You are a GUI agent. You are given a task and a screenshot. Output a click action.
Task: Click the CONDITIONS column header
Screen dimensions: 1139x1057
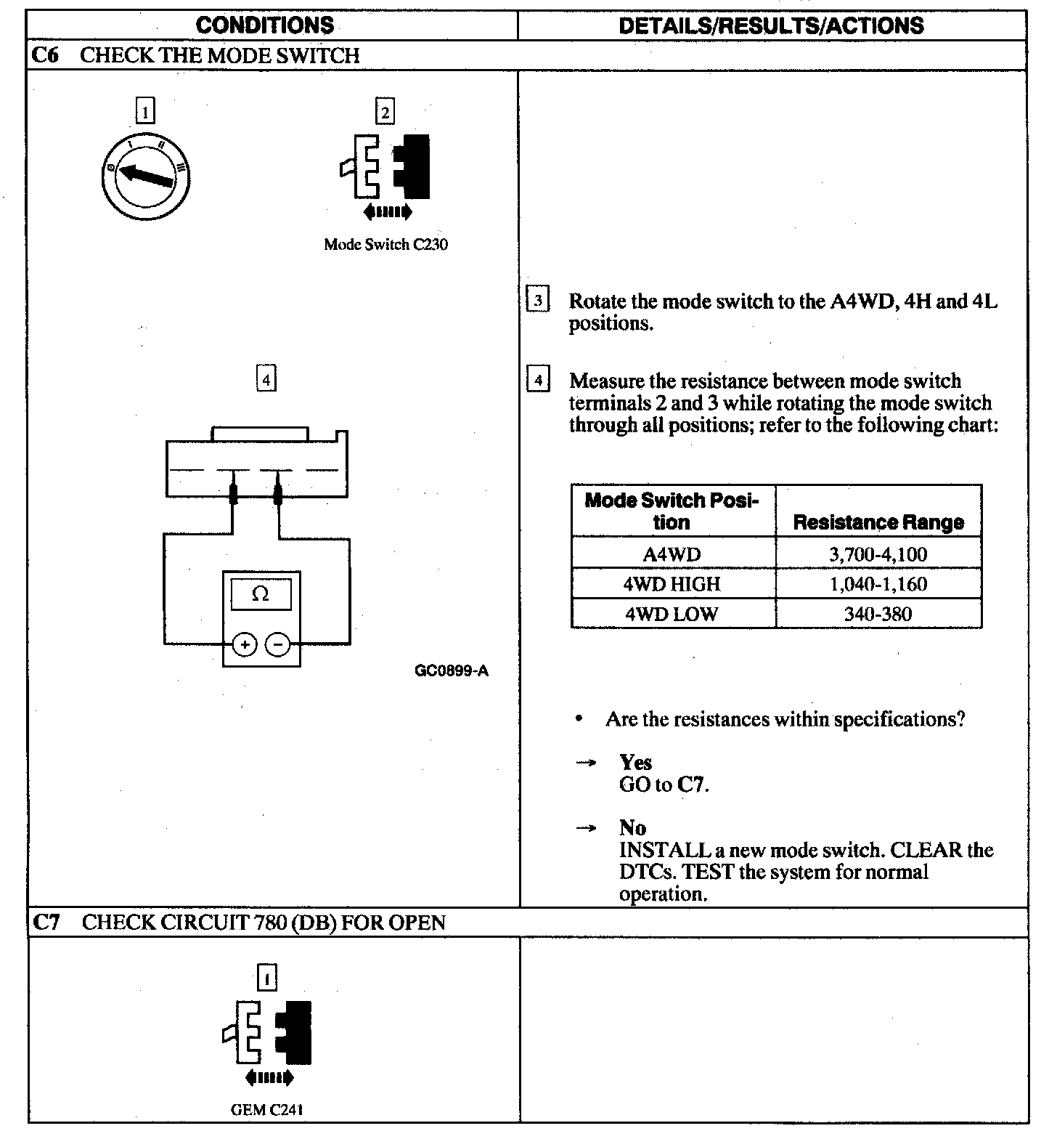coord(264,25)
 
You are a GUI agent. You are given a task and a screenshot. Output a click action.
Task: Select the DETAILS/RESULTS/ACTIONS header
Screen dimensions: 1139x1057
coord(771,25)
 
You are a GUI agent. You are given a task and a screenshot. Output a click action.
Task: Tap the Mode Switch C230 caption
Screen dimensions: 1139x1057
coord(385,245)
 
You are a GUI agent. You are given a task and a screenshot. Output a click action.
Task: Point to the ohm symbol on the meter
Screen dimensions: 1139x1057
coord(260,594)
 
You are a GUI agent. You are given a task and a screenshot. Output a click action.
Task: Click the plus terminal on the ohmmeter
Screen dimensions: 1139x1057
coord(245,644)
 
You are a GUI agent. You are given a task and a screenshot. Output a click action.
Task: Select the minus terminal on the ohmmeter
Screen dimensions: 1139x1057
coord(278,644)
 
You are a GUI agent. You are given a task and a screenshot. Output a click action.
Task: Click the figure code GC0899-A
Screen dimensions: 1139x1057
coord(452,670)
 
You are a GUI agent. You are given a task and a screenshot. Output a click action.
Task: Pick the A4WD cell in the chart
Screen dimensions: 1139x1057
coord(672,555)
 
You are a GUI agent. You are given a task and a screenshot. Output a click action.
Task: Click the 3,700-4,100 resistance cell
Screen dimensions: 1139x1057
coord(878,555)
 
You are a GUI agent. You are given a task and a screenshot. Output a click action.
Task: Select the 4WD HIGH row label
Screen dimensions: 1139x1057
coord(672,584)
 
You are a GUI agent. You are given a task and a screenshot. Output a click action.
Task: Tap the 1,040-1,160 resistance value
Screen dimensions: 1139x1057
coord(878,584)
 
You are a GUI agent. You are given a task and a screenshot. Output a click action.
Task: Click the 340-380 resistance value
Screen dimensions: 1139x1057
coord(878,614)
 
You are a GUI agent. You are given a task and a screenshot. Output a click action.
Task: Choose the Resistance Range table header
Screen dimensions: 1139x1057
coord(878,522)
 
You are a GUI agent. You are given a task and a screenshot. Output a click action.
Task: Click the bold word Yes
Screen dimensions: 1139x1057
coord(635,763)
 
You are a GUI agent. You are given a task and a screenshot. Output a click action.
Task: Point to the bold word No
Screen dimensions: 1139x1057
coord(632,828)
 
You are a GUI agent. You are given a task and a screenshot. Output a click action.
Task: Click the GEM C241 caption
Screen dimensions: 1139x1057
coord(266,1110)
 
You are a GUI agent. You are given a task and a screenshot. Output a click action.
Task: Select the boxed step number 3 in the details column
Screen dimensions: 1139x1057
coord(537,300)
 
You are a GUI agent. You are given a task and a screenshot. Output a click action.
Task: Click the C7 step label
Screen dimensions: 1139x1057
coord(46,923)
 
